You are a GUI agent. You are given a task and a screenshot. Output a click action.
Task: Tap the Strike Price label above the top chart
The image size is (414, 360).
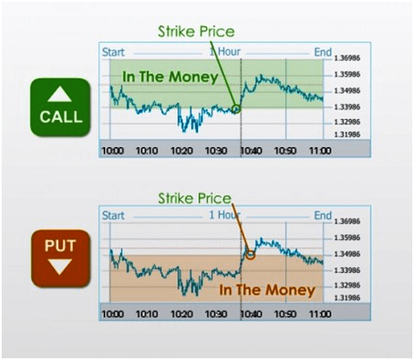[x=196, y=32]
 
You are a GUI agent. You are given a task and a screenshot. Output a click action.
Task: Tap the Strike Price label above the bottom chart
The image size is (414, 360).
[x=196, y=198]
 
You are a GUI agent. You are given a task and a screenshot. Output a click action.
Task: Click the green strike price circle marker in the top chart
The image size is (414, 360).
[x=236, y=109]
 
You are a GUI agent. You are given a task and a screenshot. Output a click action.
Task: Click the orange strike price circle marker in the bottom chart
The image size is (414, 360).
[x=250, y=255]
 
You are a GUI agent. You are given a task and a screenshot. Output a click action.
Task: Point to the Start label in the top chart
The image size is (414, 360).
[x=113, y=52]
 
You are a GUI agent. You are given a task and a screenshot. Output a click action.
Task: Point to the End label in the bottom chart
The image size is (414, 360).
[x=323, y=215]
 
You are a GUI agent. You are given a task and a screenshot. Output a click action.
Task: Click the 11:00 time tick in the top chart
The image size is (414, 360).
[x=320, y=150]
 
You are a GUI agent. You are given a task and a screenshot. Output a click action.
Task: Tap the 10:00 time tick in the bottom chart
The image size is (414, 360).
[x=113, y=313]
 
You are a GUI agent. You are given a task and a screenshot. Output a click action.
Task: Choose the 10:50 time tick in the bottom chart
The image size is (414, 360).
[x=285, y=313]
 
